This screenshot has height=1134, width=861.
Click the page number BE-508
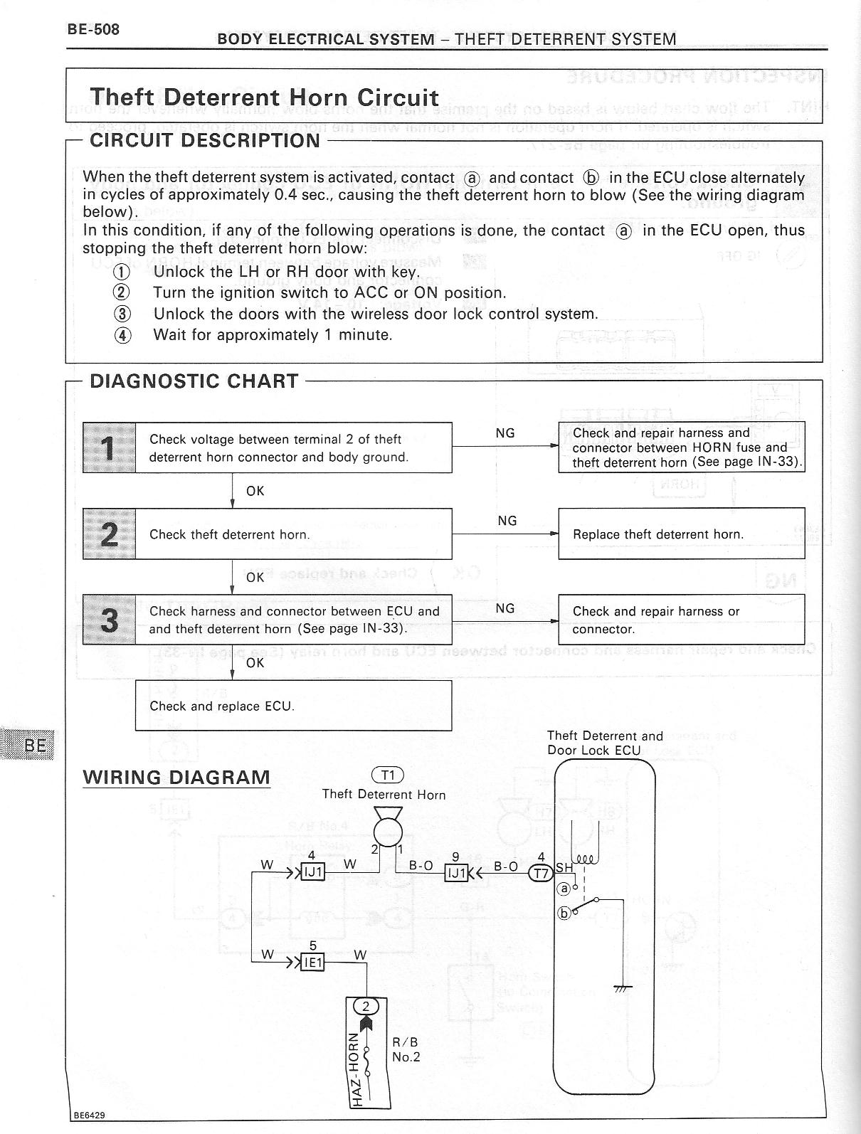point(93,30)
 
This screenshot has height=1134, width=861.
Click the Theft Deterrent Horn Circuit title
point(264,97)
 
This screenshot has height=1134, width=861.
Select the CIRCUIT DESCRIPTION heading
point(205,140)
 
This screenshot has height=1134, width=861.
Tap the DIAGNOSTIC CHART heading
point(194,381)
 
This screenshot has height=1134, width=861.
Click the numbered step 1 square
point(109,448)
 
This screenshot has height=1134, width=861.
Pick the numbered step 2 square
point(109,534)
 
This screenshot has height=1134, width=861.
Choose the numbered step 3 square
point(109,620)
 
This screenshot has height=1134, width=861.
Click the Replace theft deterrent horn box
point(681,534)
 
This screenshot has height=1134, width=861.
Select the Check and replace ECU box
point(293,706)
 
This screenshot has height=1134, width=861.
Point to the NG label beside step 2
point(507,521)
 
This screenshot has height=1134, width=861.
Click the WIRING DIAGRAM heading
point(176,778)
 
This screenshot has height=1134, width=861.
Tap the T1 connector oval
point(387,775)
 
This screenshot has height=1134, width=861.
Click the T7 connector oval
point(542,874)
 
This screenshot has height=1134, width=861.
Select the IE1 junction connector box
point(313,963)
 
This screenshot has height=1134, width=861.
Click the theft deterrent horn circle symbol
point(388,832)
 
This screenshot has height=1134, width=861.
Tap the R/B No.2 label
point(406,1049)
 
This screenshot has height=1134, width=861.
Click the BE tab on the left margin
point(35,745)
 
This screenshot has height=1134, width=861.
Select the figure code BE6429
point(89,1115)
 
